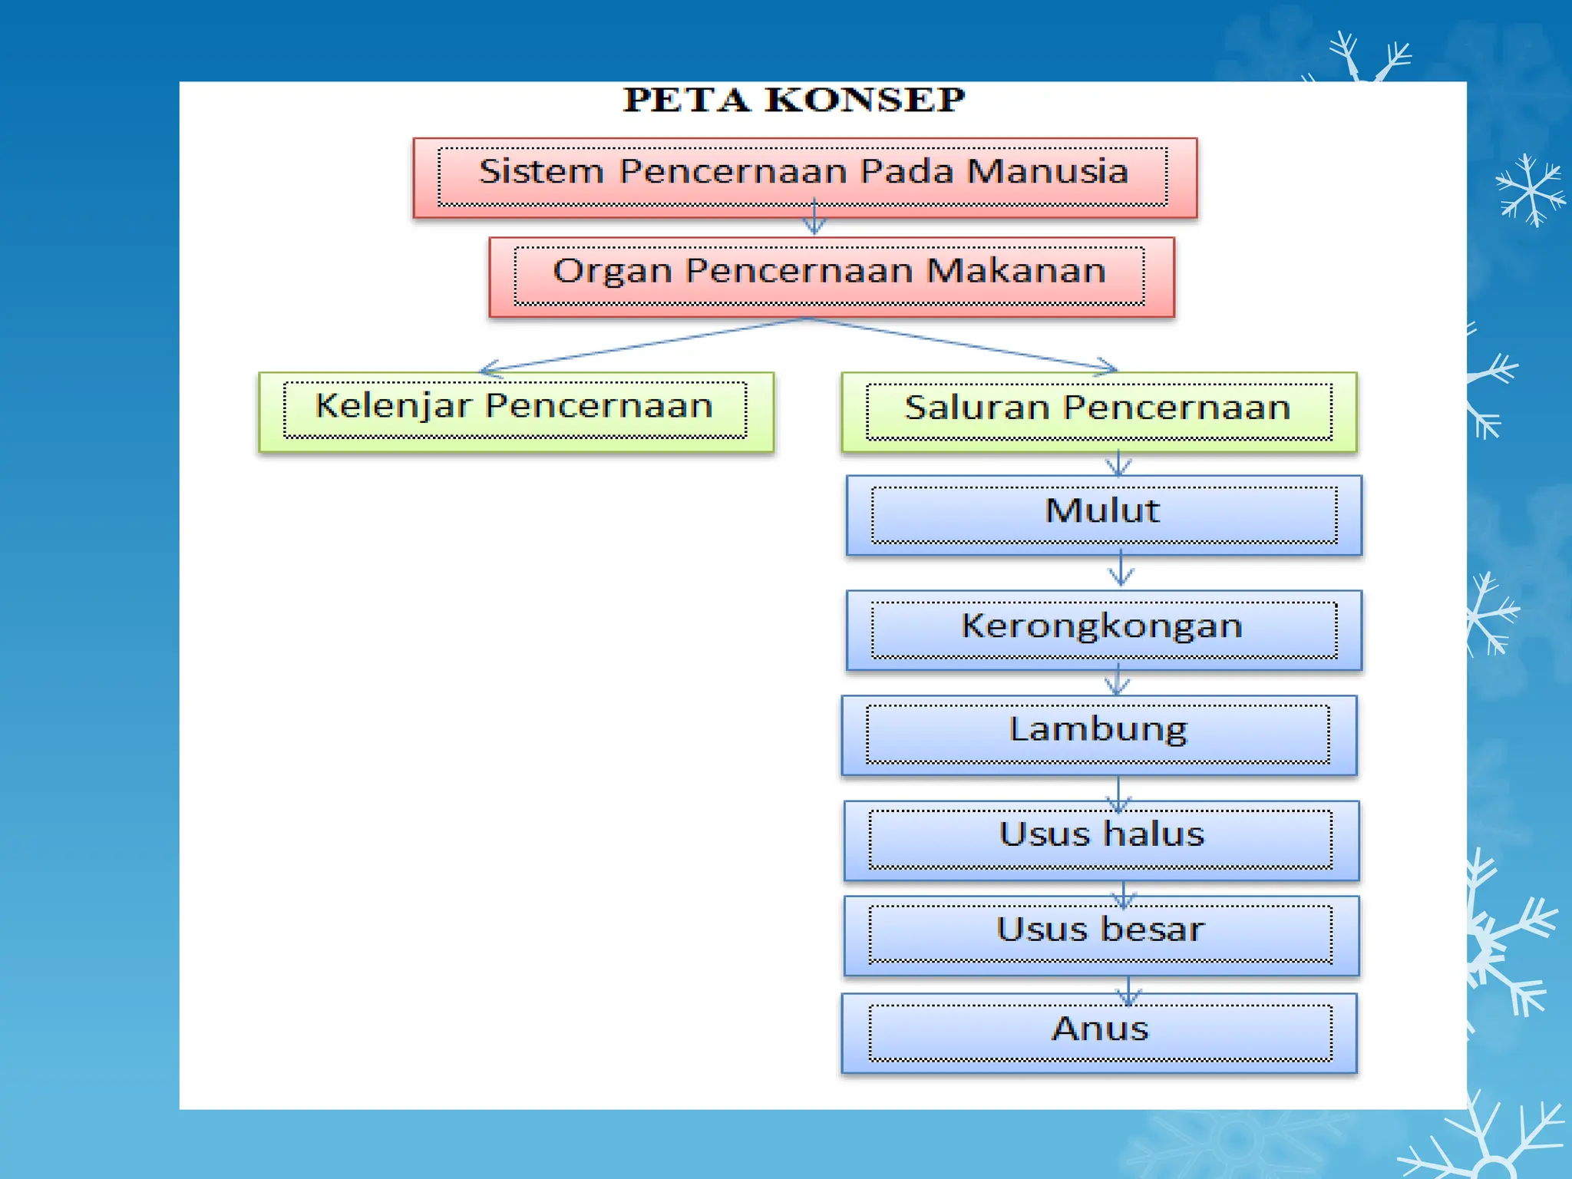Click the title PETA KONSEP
[x=794, y=101]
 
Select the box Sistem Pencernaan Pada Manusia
[x=804, y=177]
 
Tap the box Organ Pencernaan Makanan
[x=831, y=276]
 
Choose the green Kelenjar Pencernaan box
[x=515, y=411]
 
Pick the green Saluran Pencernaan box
[x=1098, y=412]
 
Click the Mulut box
[x=1103, y=515]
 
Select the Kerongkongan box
[x=1103, y=630]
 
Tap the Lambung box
[x=1098, y=735]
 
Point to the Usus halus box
[x=1101, y=840]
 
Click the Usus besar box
[x=1101, y=935]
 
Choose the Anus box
[x=1098, y=1033]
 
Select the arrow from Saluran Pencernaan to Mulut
[x=1118, y=464]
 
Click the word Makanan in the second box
[x=1016, y=271]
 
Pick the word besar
[x=1152, y=930]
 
